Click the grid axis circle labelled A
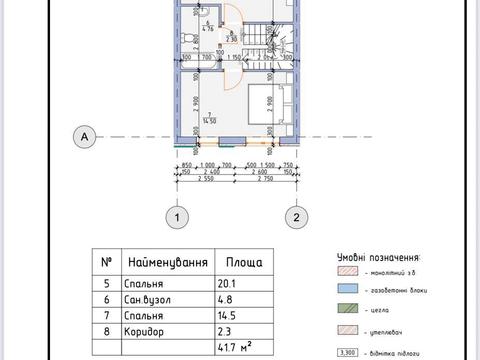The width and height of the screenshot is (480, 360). tap(88, 136)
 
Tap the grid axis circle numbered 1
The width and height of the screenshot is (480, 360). tap(177, 216)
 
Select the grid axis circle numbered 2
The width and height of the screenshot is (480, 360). tap(296, 216)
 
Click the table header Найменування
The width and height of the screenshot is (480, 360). tap(167, 262)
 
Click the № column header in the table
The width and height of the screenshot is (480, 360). tap(107, 262)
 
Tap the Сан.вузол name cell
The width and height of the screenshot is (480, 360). tap(149, 299)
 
